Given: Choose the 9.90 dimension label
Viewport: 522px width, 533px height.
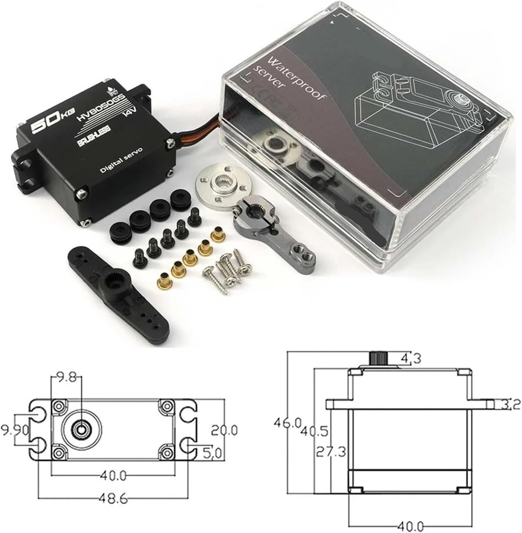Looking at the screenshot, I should [x=15, y=431].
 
